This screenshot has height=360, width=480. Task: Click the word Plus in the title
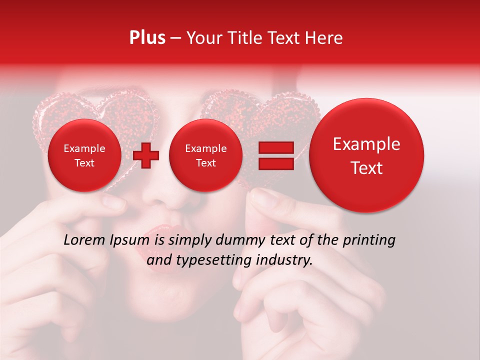coord(147,38)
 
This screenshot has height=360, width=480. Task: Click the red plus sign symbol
coord(146,155)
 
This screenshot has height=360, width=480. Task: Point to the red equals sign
coord(275,155)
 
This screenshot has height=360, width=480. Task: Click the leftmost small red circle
coord(84,155)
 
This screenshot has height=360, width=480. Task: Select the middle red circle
coord(206,155)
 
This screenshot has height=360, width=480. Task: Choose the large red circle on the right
coord(366,155)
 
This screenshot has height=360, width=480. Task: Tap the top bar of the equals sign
coord(275,147)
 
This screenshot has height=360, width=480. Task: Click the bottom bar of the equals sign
coord(275,163)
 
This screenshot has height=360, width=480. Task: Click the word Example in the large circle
coord(366,144)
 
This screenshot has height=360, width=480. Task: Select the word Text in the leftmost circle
coord(84,163)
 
